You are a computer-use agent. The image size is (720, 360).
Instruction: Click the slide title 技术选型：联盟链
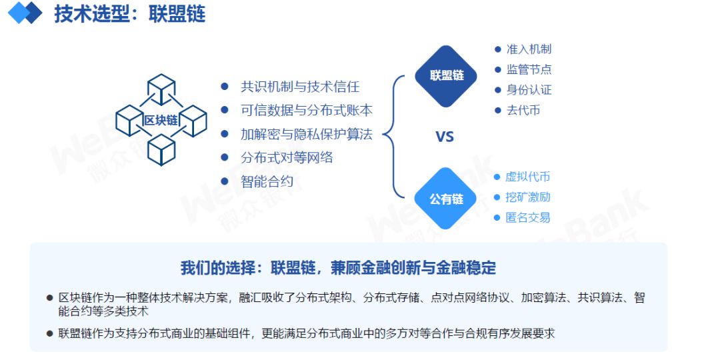[x=129, y=14]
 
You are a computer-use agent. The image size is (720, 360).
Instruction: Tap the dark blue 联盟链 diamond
[x=446, y=76]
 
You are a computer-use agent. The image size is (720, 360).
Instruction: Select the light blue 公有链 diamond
[x=446, y=199]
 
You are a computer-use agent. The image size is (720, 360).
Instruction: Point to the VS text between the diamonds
[x=445, y=137]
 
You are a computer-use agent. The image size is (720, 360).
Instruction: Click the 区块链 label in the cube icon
[x=161, y=120]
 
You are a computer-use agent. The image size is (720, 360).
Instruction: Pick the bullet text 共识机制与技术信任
[x=300, y=86]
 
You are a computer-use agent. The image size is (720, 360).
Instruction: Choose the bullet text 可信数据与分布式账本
[x=306, y=110]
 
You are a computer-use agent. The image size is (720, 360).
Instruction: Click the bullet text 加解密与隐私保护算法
[x=306, y=134]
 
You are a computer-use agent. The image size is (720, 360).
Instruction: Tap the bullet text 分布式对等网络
[x=287, y=158]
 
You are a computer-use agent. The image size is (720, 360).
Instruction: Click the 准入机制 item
[x=529, y=49]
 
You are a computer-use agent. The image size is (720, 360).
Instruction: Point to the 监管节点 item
[x=529, y=69]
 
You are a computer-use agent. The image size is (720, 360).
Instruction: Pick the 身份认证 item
[x=529, y=89]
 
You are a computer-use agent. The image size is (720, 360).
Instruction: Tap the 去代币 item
[x=523, y=110]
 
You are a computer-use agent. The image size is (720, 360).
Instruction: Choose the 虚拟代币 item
[x=527, y=177]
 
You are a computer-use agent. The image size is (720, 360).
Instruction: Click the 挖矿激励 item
[x=527, y=197]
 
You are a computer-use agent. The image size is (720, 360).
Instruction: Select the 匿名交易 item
[x=527, y=217]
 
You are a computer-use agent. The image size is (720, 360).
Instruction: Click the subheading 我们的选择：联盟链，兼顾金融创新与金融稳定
[x=339, y=268]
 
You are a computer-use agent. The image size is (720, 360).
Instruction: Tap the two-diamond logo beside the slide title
[x=25, y=13]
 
